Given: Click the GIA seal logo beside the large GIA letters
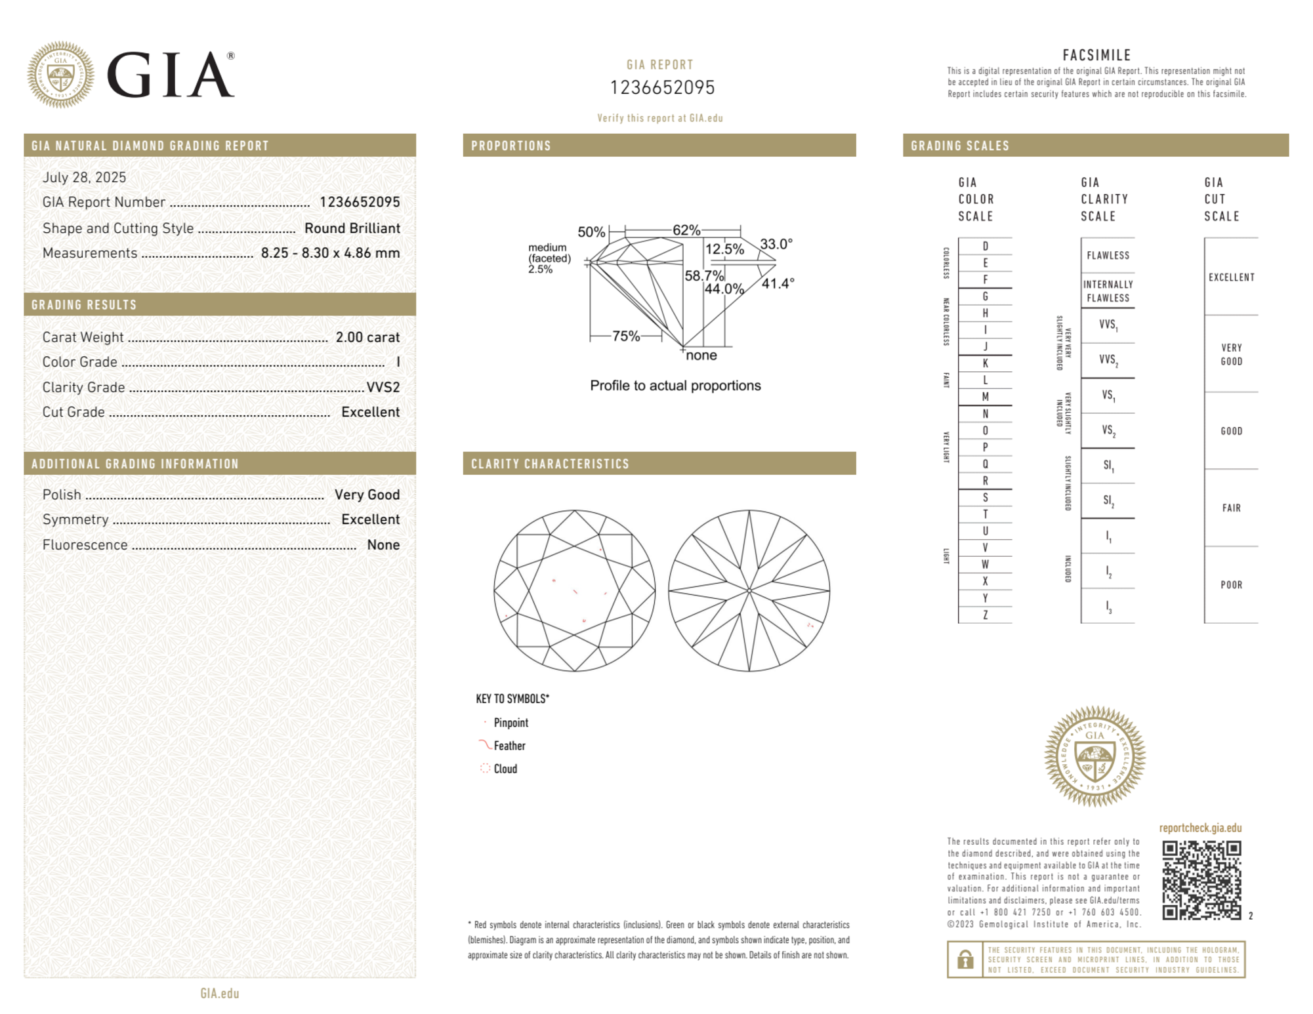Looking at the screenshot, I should [x=60, y=75].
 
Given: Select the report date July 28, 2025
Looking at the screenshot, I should [x=84, y=177].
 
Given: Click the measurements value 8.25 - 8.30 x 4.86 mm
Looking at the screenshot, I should [x=330, y=253].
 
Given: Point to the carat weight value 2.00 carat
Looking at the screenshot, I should [x=367, y=337].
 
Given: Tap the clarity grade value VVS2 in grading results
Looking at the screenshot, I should [x=383, y=387].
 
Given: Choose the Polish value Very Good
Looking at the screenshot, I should [x=367, y=495].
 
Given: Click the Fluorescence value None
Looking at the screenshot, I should [x=383, y=544].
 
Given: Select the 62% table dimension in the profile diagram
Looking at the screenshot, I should [x=686, y=230].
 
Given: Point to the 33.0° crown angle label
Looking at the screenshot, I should [x=776, y=244].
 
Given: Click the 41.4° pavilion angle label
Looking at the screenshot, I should [x=778, y=283].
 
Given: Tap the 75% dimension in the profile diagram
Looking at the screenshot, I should [x=626, y=336].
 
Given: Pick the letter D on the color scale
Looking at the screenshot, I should [x=985, y=246].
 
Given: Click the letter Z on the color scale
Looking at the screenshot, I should [x=985, y=615].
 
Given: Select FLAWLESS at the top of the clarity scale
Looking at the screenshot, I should [x=1108, y=255].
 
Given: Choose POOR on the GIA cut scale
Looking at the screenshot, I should [x=1231, y=584].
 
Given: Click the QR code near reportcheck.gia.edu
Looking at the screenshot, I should [x=1201, y=880].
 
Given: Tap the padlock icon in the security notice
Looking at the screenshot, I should [x=965, y=960].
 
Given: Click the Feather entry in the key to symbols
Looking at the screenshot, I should [x=509, y=746].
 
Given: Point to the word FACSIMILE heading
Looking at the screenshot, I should [x=1096, y=55].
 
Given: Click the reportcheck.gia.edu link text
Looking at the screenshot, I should [x=1200, y=828].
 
